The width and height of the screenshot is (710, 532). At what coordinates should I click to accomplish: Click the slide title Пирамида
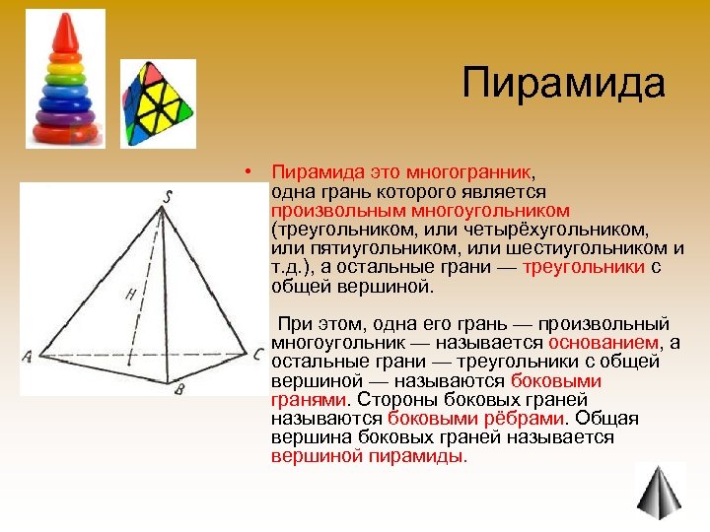tap(564, 83)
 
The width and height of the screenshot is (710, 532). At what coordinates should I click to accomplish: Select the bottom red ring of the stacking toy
tap(64, 129)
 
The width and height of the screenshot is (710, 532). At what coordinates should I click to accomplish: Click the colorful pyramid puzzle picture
tap(158, 102)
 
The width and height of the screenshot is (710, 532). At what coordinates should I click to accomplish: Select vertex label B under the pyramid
tap(179, 389)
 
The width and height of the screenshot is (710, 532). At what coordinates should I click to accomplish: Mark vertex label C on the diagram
tap(255, 354)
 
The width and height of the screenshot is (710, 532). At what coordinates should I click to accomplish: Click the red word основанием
tap(603, 342)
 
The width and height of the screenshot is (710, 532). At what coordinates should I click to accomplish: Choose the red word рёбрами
tap(527, 418)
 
